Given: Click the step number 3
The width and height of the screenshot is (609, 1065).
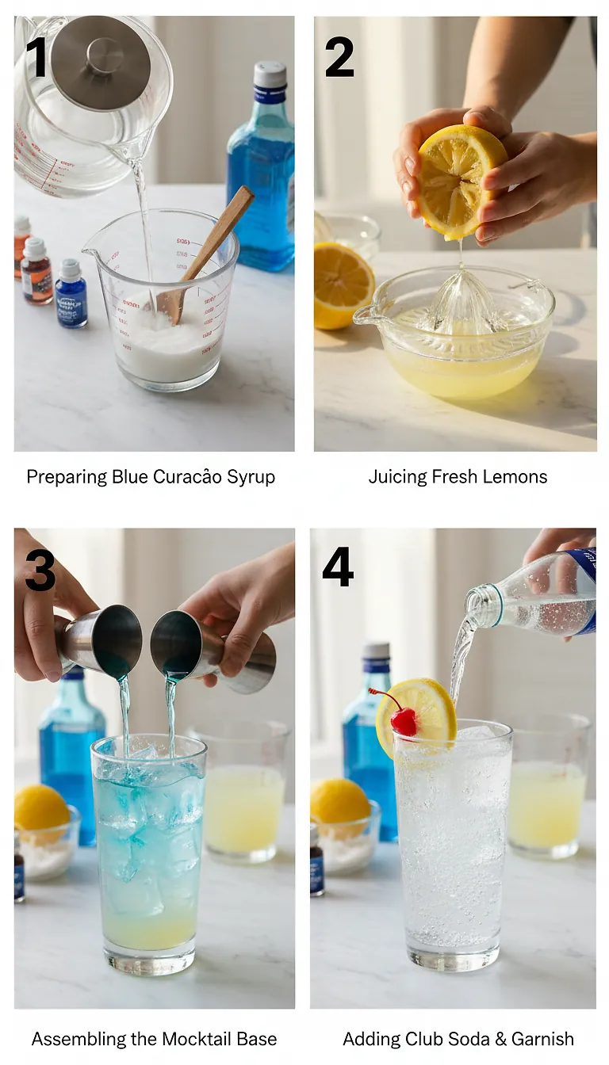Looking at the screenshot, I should click(40, 569).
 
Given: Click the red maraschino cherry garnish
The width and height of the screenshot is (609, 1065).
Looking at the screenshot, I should click(404, 721).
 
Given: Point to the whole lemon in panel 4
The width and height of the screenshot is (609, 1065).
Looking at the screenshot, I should click(339, 802).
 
